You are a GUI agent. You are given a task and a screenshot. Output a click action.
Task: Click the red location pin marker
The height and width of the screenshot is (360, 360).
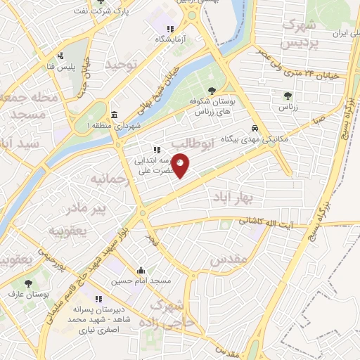pos(181,166)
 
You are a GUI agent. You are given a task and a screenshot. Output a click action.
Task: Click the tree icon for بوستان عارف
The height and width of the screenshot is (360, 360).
pos(28,283)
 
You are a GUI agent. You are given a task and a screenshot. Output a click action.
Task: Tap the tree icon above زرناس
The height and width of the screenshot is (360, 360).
pos(288,96)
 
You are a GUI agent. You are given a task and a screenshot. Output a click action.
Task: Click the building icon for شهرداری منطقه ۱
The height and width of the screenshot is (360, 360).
pos(113,115)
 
